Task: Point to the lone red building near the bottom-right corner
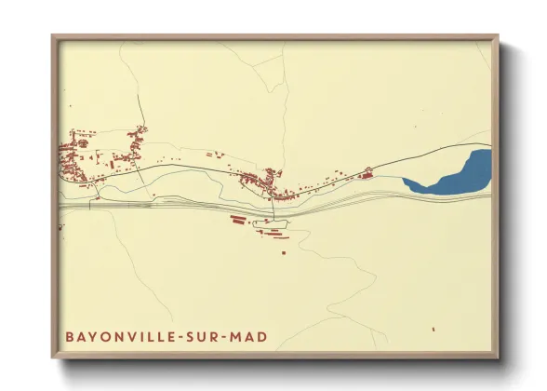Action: coord(434,329)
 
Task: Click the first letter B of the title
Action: coord(70,335)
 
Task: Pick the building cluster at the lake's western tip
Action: coord(367,171)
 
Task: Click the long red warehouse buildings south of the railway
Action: coord(239,220)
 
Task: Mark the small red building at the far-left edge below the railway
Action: coord(62,225)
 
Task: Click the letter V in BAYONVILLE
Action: coord(119,335)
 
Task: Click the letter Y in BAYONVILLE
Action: coord(91,335)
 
